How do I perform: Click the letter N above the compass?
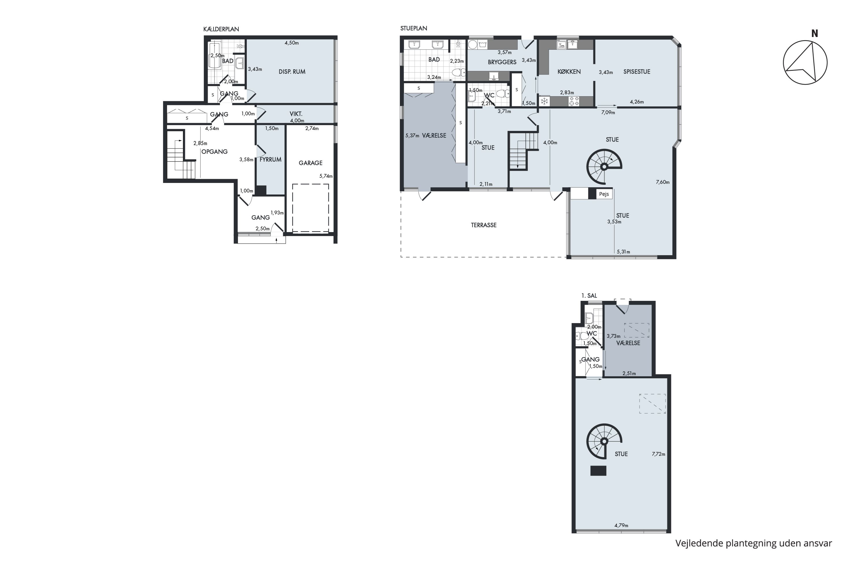815,34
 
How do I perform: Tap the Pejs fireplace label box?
604,194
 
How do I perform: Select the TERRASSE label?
483,225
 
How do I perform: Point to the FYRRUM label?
271,159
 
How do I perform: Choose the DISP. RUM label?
292,71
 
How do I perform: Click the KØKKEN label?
569,71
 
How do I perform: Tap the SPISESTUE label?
637,71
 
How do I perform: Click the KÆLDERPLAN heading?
221,29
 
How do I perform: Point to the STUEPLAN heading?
414,28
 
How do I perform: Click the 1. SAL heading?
589,296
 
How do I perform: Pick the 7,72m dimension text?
658,454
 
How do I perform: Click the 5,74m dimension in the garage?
326,176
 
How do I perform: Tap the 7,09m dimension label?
608,112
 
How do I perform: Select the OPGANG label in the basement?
214,151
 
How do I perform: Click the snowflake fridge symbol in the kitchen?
544,101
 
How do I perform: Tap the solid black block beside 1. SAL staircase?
598,471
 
